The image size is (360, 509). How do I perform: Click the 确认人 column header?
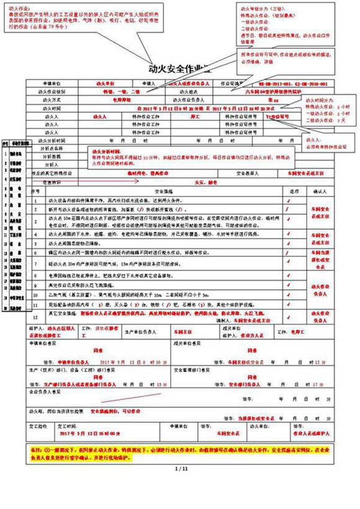pyautogui.click(x=319, y=191)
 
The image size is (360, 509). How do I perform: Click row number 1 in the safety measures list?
pyautogui.click(x=35, y=200)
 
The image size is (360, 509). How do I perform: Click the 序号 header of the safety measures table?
pyautogui.click(x=35, y=191)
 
